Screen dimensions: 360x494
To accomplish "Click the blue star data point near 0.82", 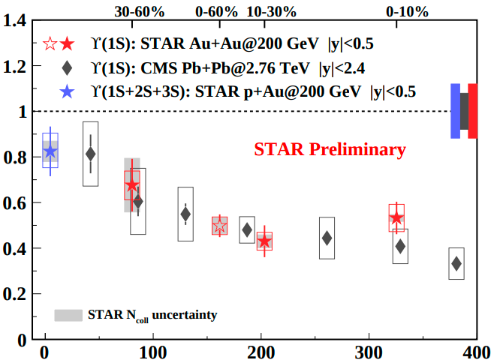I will tap(50, 152).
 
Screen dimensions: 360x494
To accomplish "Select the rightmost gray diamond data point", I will tap(456, 263).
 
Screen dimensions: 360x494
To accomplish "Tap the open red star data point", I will tap(219, 225).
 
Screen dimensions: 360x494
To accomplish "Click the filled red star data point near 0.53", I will tap(396, 218).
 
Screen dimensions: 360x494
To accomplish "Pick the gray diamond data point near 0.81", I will tap(91, 154).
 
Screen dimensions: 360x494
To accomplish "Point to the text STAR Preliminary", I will tap(330, 150).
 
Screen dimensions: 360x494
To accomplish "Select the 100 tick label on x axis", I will tap(152, 352).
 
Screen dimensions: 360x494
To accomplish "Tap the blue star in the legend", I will tap(67, 91).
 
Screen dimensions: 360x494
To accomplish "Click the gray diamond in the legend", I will tap(67, 69).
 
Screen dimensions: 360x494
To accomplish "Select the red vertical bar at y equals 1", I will tap(472, 111).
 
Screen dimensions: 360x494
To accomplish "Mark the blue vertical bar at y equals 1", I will tap(455, 111).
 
